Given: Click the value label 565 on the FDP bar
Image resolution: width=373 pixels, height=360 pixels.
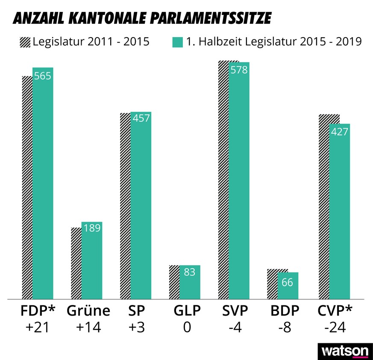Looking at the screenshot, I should (43, 76).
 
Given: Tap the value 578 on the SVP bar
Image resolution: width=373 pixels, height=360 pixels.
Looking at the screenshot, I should (239, 70).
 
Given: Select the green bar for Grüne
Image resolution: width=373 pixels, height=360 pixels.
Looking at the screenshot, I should (92, 265).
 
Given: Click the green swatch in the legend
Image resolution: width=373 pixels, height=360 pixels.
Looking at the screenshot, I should (177, 42).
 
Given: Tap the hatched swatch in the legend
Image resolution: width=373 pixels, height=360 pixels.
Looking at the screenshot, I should (25, 42).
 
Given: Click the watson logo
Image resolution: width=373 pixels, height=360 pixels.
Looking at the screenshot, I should (344, 351).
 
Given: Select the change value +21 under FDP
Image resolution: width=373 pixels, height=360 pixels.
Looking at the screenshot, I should (38, 328).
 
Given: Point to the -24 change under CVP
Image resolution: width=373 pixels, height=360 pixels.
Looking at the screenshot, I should (335, 328).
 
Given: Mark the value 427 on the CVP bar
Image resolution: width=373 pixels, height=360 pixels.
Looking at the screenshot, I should (340, 132).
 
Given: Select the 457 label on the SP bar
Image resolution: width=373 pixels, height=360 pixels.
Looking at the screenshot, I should (141, 118).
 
